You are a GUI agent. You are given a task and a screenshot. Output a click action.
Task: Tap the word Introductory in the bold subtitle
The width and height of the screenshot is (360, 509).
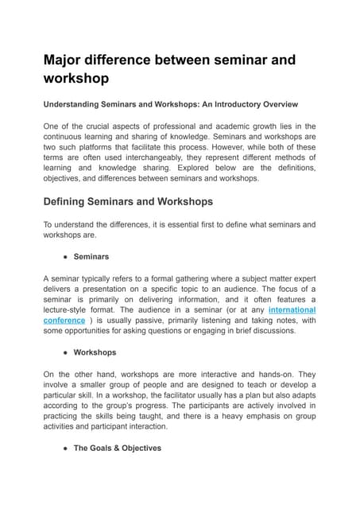[x=236, y=103]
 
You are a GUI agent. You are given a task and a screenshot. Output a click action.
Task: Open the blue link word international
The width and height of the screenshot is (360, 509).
[x=292, y=309]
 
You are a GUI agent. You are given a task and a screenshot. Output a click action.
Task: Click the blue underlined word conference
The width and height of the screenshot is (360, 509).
[x=64, y=320]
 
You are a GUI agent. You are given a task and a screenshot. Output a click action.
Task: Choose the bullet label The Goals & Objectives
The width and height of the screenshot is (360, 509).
[x=117, y=448]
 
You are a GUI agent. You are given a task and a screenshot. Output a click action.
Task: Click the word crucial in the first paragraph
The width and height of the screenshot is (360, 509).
[x=100, y=126]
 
